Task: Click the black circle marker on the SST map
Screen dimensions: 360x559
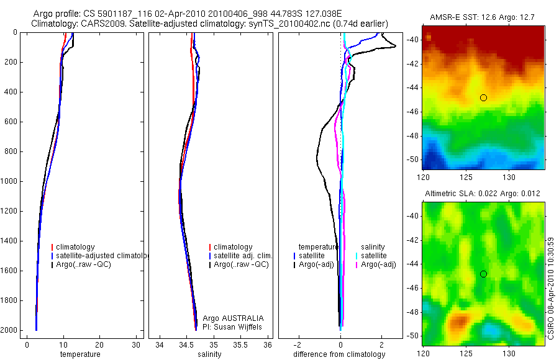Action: [x=483, y=97]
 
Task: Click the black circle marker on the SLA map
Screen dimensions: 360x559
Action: [x=483, y=274]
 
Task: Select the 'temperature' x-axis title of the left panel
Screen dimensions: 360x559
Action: [x=80, y=354]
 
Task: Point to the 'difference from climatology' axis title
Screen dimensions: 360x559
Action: [x=339, y=354]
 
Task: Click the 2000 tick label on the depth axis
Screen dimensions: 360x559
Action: [x=9, y=330]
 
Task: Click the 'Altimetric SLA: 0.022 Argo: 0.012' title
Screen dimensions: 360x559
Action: [x=483, y=194]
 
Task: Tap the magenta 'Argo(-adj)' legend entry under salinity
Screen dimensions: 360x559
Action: [x=378, y=265]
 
